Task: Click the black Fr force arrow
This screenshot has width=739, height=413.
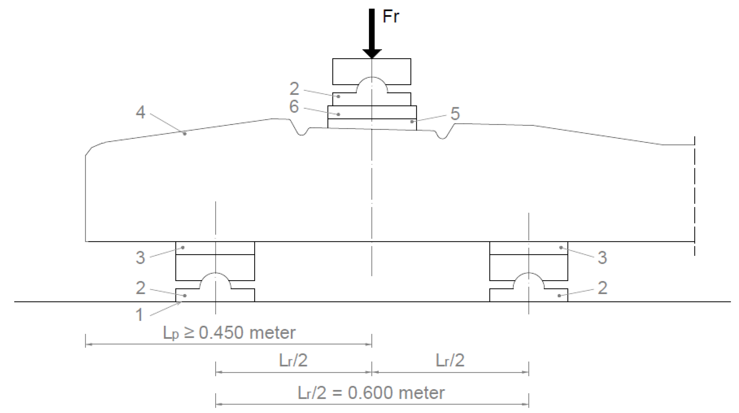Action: click(x=372, y=34)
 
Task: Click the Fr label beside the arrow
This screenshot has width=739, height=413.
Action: click(x=391, y=16)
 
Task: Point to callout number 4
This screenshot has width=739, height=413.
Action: click(x=141, y=112)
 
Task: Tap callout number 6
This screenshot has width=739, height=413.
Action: click(x=294, y=106)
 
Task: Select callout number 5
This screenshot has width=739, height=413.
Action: click(x=455, y=114)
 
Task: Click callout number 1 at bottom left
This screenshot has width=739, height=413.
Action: click(x=139, y=315)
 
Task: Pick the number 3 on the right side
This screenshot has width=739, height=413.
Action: click(x=602, y=258)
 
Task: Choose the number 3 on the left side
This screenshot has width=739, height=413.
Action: click(x=140, y=258)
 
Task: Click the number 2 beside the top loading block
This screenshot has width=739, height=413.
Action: click(x=294, y=89)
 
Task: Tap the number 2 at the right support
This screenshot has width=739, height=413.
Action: click(x=602, y=288)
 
